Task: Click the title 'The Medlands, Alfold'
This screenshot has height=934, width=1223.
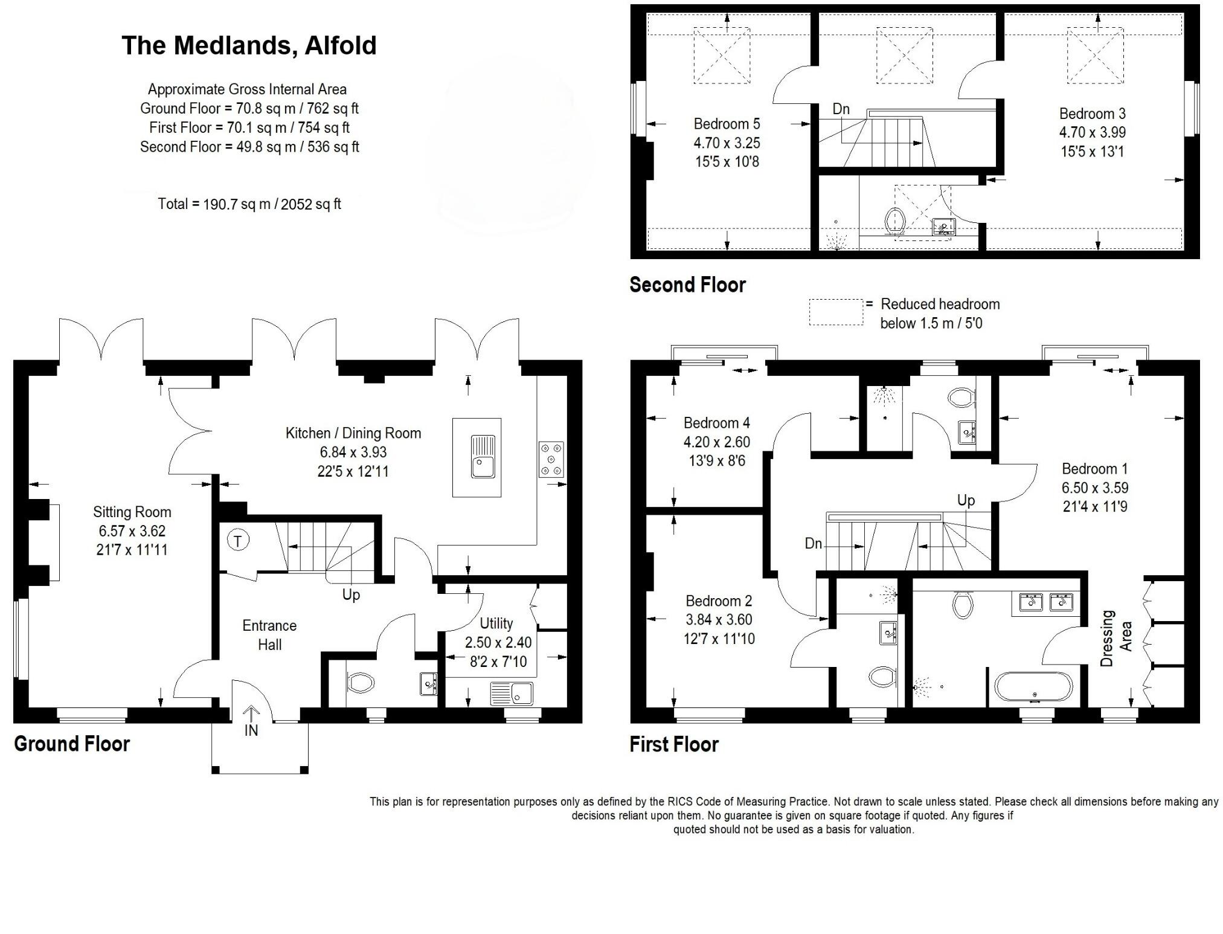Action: point(249,46)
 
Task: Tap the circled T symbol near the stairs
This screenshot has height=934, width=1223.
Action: point(238,541)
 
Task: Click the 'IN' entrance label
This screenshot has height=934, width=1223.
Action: point(251,730)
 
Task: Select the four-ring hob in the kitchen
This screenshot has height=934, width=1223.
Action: point(551,460)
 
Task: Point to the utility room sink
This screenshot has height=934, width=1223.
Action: point(512,693)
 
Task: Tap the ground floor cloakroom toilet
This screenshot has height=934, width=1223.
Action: point(361,683)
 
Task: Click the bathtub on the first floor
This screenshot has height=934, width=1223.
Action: point(1034,687)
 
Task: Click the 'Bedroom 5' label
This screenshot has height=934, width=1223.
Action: point(727,124)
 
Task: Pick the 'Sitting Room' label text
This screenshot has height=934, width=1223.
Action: point(132,512)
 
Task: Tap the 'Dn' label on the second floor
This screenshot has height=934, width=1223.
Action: point(841,109)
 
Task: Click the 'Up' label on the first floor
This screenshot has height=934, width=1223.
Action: point(966,500)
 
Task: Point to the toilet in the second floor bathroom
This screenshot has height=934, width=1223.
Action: point(893,221)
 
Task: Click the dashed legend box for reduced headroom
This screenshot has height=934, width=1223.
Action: point(836,312)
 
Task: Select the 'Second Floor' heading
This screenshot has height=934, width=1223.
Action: point(687,285)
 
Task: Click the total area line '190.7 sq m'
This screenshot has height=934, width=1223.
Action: point(249,204)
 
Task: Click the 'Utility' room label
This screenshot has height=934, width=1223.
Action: point(496,623)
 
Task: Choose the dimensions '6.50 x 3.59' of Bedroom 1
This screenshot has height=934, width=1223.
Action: point(1095,488)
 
